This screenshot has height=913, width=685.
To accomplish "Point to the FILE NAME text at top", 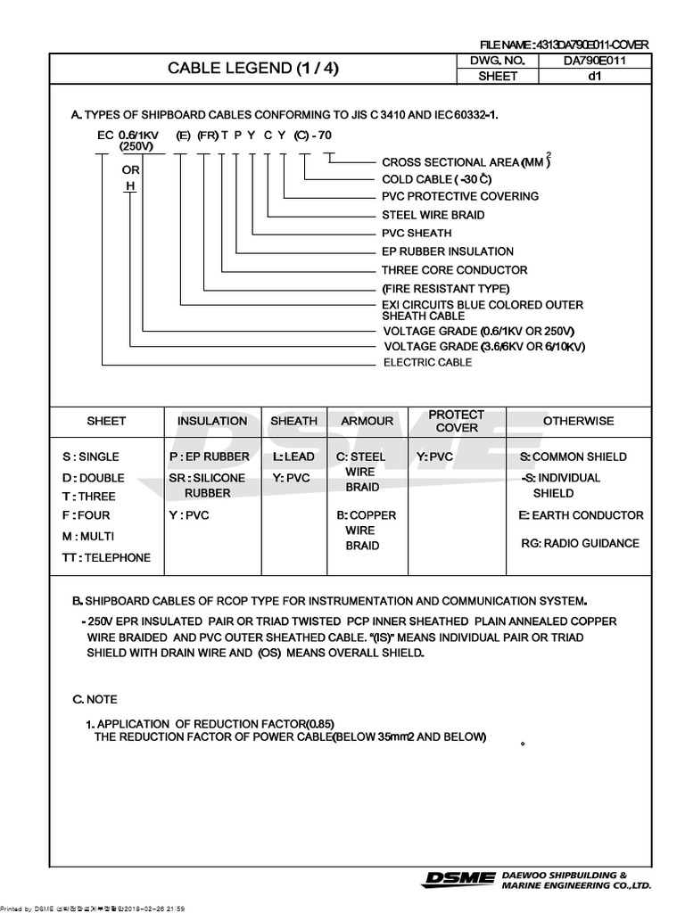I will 564,45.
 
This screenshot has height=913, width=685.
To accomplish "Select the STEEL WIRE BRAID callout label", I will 433,215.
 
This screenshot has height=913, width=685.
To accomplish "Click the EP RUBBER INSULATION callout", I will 448,251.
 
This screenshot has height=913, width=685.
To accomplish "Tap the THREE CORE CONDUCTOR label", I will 454,270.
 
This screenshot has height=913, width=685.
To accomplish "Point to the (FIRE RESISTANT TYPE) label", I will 445,289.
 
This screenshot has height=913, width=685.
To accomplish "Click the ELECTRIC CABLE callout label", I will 428,363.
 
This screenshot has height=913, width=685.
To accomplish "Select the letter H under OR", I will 130,185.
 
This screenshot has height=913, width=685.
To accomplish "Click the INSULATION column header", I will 212,421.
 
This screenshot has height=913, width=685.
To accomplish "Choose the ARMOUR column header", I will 367,421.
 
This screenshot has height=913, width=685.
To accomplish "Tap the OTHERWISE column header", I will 578,421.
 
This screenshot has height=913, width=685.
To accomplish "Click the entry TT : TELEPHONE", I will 106,558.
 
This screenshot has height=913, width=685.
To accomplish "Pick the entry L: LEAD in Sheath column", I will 293,456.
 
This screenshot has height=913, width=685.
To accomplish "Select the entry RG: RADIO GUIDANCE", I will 580,544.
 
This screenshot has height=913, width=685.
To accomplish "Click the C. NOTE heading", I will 95,699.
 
